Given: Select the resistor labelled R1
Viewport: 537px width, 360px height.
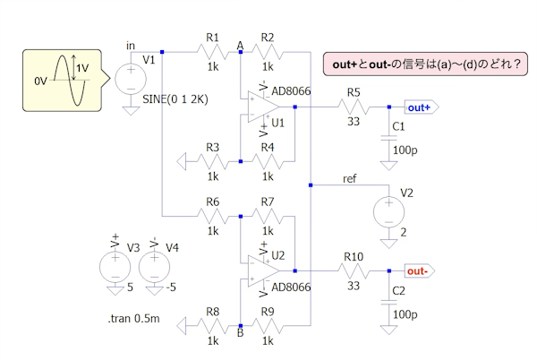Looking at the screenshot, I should click(212, 53).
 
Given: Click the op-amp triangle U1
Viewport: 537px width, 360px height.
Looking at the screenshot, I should click(263, 106).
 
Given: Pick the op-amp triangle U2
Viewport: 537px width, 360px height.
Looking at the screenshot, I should click(263, 270).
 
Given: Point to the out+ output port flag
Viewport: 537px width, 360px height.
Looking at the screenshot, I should click(419, 107).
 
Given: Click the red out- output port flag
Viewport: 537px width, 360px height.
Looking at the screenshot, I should click(419, 270).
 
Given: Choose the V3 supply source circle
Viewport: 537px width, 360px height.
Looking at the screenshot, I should click(115, 264).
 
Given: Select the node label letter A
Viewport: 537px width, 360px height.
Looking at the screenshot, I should click(240, 45).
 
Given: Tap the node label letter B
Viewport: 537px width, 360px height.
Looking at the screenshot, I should click(240, 334).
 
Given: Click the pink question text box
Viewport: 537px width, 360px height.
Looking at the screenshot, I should click(425, 65).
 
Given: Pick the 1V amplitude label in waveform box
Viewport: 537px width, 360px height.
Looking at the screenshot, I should click(81, 69).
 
